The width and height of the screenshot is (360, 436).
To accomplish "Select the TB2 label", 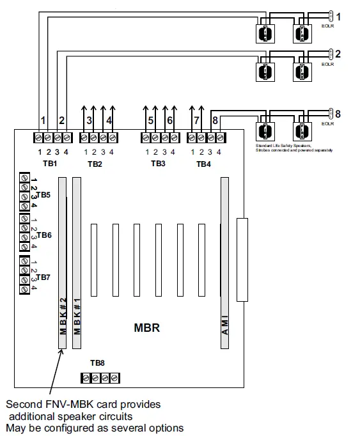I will [x=95, y=164].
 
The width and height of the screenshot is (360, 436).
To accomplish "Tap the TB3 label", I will [x=158, y=164].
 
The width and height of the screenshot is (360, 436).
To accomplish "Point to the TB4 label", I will [x=203, y=164].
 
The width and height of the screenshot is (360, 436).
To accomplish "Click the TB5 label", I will [x=43, y=194].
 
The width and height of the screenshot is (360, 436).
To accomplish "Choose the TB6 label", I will [x=43, y=235].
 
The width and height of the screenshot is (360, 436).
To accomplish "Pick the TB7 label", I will [x=43, y=277].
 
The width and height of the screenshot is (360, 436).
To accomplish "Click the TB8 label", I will [x=97, y=362].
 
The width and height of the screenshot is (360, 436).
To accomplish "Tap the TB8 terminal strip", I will [x=100, y=378].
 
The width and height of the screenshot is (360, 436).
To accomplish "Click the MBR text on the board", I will [x=146, y=329].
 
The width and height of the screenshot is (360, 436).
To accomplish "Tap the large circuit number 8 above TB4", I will [x=215, y=120].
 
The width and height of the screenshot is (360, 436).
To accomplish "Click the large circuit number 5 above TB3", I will [x=150, y=120].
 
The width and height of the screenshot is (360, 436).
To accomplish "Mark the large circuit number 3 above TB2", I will [x=89, y=120].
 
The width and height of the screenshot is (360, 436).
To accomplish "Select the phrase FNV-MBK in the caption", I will [x=68, y=405].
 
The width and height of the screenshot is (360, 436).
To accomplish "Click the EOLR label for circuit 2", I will [x=327, y=65].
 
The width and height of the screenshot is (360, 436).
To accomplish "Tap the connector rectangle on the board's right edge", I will [x=242, y=260].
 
